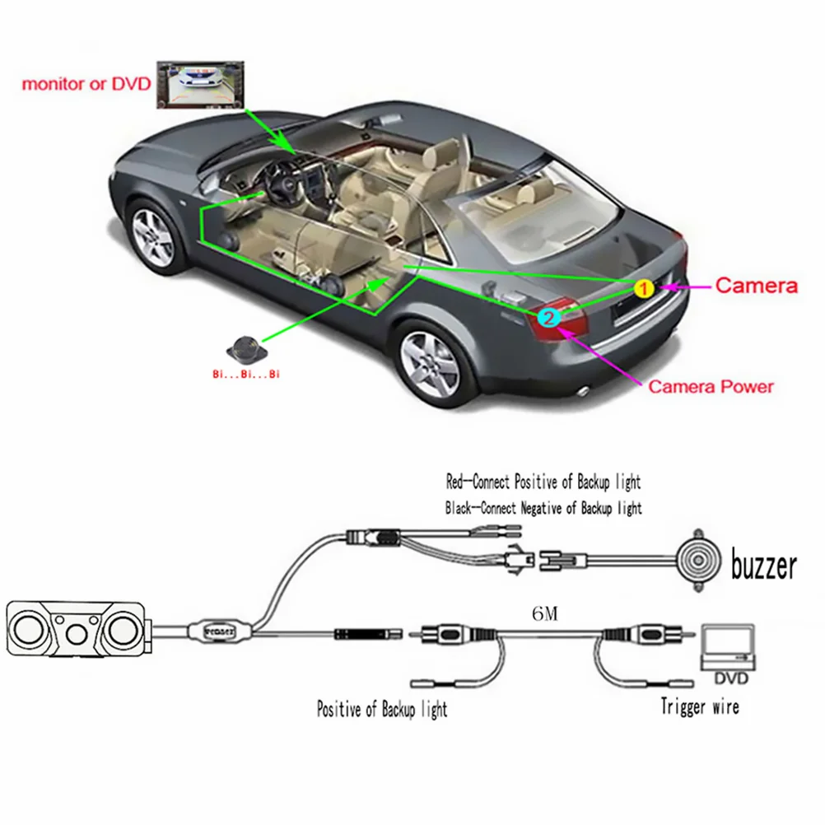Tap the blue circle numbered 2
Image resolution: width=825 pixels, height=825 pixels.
pyautogui.click(x=549, y=315)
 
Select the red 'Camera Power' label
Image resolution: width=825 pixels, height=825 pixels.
pyautogui.click(x=711, y=385)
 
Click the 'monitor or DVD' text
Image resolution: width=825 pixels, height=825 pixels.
pyautogui.click(x=85, y=83)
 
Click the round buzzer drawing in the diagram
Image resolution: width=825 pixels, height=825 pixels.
pyautogui.click(x=698, y=560)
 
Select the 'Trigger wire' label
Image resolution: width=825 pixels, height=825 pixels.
pyautogui.click(x=700, y=706)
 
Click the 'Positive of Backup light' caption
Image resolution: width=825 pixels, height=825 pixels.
pyautogui.click(x=382, y=709)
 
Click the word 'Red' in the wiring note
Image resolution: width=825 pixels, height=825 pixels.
pyautogui.click(x=456, y=481)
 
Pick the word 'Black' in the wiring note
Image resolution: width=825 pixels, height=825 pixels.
pyautogui.click(x=460, y=508)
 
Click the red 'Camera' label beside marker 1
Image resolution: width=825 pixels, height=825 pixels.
pyautogui.click(x=756, y=286)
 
